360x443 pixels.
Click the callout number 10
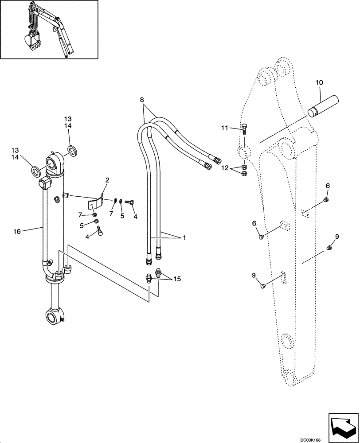319,83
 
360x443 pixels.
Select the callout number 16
17,231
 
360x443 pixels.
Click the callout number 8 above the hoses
142,101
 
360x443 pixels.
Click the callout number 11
226,128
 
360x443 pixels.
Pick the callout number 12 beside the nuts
225,168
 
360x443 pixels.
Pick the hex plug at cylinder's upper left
45,183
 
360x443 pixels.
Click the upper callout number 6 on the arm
328,187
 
